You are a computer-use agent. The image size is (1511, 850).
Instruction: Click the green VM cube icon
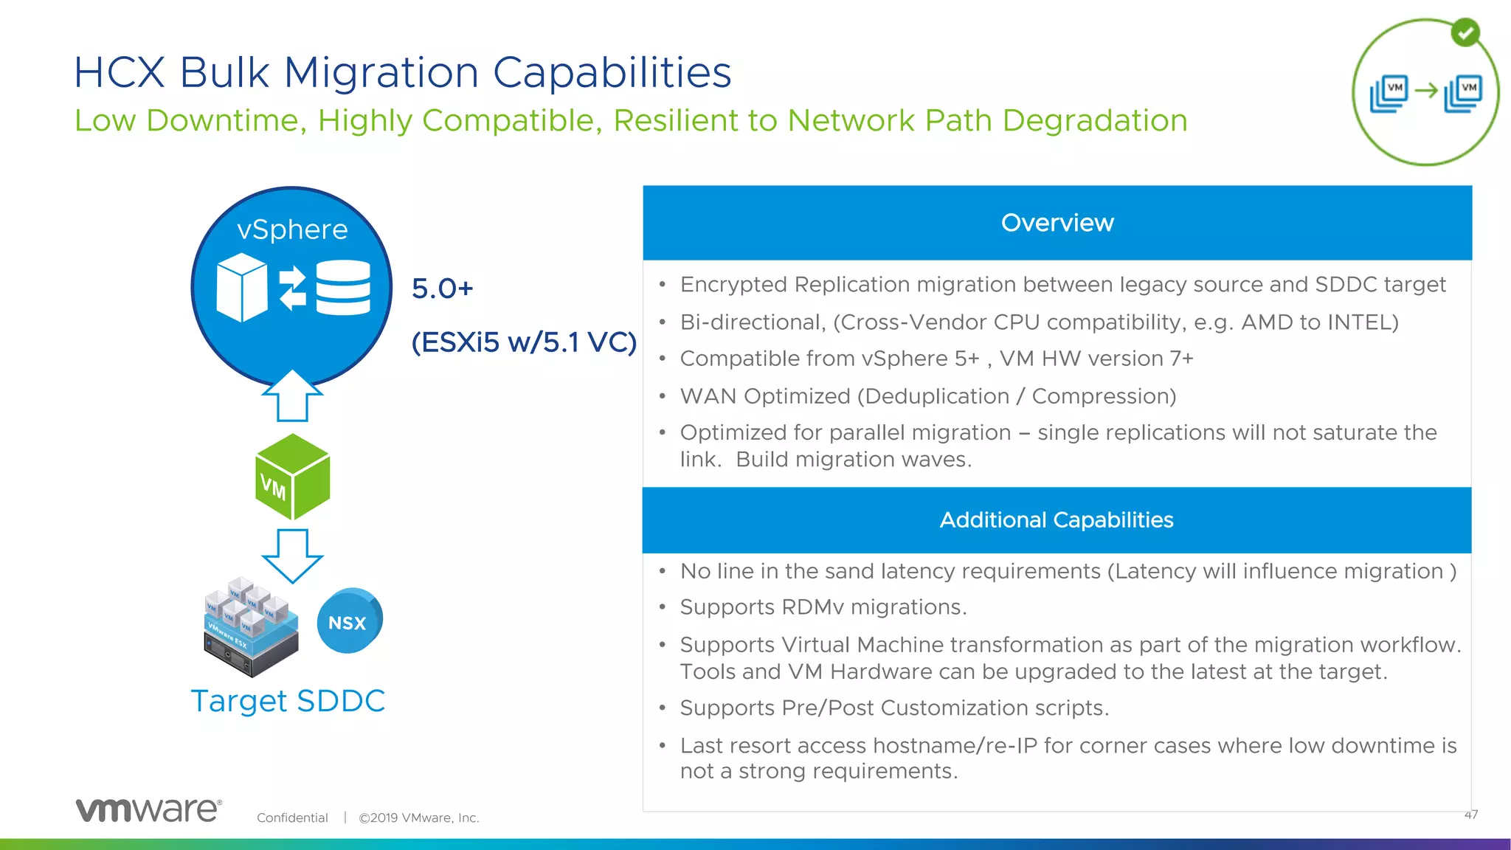pyautogui.click(x=293, y=477)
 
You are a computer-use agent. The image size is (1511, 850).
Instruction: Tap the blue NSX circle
pyautogui.click(x=348, y=621)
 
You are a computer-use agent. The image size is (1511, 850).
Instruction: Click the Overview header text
pyautogui.click(x=1057, y=223)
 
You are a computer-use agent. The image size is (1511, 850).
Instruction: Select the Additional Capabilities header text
pyautogui.click(x=1057, y=520)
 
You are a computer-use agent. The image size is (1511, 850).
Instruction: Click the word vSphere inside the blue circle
pyautogui.click(x=292, y=229)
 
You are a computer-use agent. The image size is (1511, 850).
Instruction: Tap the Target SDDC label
pyautogui.click(x=288, y=701)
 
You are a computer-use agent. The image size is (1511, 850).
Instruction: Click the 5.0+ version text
pyautogui.click(x=442, y=288)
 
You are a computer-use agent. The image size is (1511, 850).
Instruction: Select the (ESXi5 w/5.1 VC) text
pyautogui.click(x=524, y=342)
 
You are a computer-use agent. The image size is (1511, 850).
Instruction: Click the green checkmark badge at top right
pyautogui.click(x=1465, y=32)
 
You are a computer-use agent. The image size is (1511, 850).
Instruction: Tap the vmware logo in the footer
pyautogui.click(x=148, y=810)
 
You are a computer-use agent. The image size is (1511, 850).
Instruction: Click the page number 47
pyautogui.click(x=1470, y=815)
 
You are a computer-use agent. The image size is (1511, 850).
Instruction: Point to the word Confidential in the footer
pyautogui.click(x=292, y=818)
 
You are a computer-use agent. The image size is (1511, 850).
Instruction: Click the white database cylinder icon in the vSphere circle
pyautogui.click(x=343, y=288)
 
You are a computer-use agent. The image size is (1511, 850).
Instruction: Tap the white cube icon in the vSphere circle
pyautogui.click(x=241, y=288)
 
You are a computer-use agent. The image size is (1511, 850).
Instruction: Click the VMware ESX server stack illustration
pyautogui.click(x=251, y=627)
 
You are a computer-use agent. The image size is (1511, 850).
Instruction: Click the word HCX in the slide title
pyautogui.click(x=119, y=72)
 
